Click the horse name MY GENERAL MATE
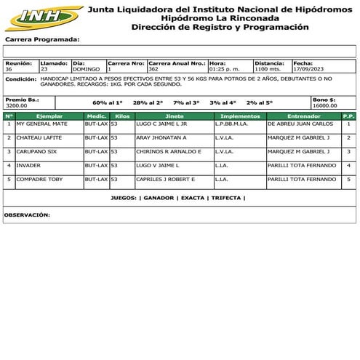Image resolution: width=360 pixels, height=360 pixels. tap(41, 124)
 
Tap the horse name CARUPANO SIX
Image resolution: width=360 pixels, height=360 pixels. tap(38, 151)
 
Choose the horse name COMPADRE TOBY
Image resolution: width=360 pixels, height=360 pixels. tap(40, 179)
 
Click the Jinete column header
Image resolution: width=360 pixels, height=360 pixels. tap(175, 116)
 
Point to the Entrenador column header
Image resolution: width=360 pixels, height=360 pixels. tap(303, 116)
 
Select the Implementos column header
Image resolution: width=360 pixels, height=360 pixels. tap(239, 116)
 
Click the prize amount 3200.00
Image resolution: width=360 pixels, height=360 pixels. tap(16, 105)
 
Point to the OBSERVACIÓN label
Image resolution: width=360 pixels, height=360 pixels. tap(27, 215)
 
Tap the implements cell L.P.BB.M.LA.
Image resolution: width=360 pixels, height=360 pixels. tap(233, 124)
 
